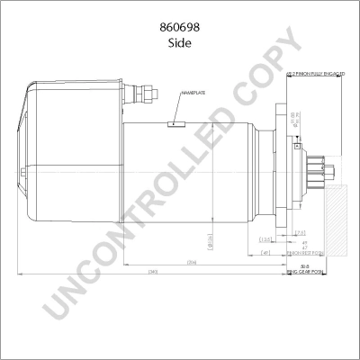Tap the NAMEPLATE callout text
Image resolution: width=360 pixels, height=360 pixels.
(x=193, y=93)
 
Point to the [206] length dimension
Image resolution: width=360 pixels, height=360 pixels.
(x=192, y=262)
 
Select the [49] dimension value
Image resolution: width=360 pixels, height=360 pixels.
(x=265, y=253)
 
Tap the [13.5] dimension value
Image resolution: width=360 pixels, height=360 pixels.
(x=265, y=239)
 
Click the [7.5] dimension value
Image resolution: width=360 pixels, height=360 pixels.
(x=299, y=233)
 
